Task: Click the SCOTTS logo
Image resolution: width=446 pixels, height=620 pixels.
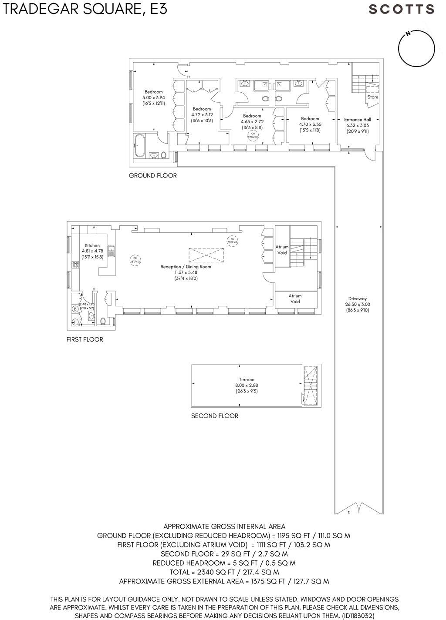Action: (x=401, y=9)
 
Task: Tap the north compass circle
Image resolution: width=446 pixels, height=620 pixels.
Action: (x=416, y=49)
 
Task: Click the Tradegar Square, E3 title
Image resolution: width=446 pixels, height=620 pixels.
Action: (x=85, y=9)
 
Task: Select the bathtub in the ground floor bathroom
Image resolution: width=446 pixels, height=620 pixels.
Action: (x=140, y=145)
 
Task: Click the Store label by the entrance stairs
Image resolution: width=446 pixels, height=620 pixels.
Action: (x=372, y=97)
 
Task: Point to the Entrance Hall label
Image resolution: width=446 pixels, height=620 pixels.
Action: (x=357, y=125)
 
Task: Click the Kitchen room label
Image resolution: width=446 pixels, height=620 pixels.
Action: (x=92, y=251)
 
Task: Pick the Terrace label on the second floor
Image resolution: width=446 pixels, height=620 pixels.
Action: (x=246, y=385)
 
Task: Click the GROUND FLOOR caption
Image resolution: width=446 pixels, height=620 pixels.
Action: (x=152, y=176)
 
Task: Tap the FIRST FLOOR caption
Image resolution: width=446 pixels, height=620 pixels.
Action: (x=85, y=339)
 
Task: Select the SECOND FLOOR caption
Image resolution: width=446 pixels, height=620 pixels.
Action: (x=215, y=416)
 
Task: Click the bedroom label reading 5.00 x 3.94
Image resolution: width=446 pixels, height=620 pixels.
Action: (x=153, y=98)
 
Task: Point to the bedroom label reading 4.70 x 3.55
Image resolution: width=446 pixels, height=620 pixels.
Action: (x=310, y=124)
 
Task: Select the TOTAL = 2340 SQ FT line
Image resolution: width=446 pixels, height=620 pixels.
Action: (x=223, y=572)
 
